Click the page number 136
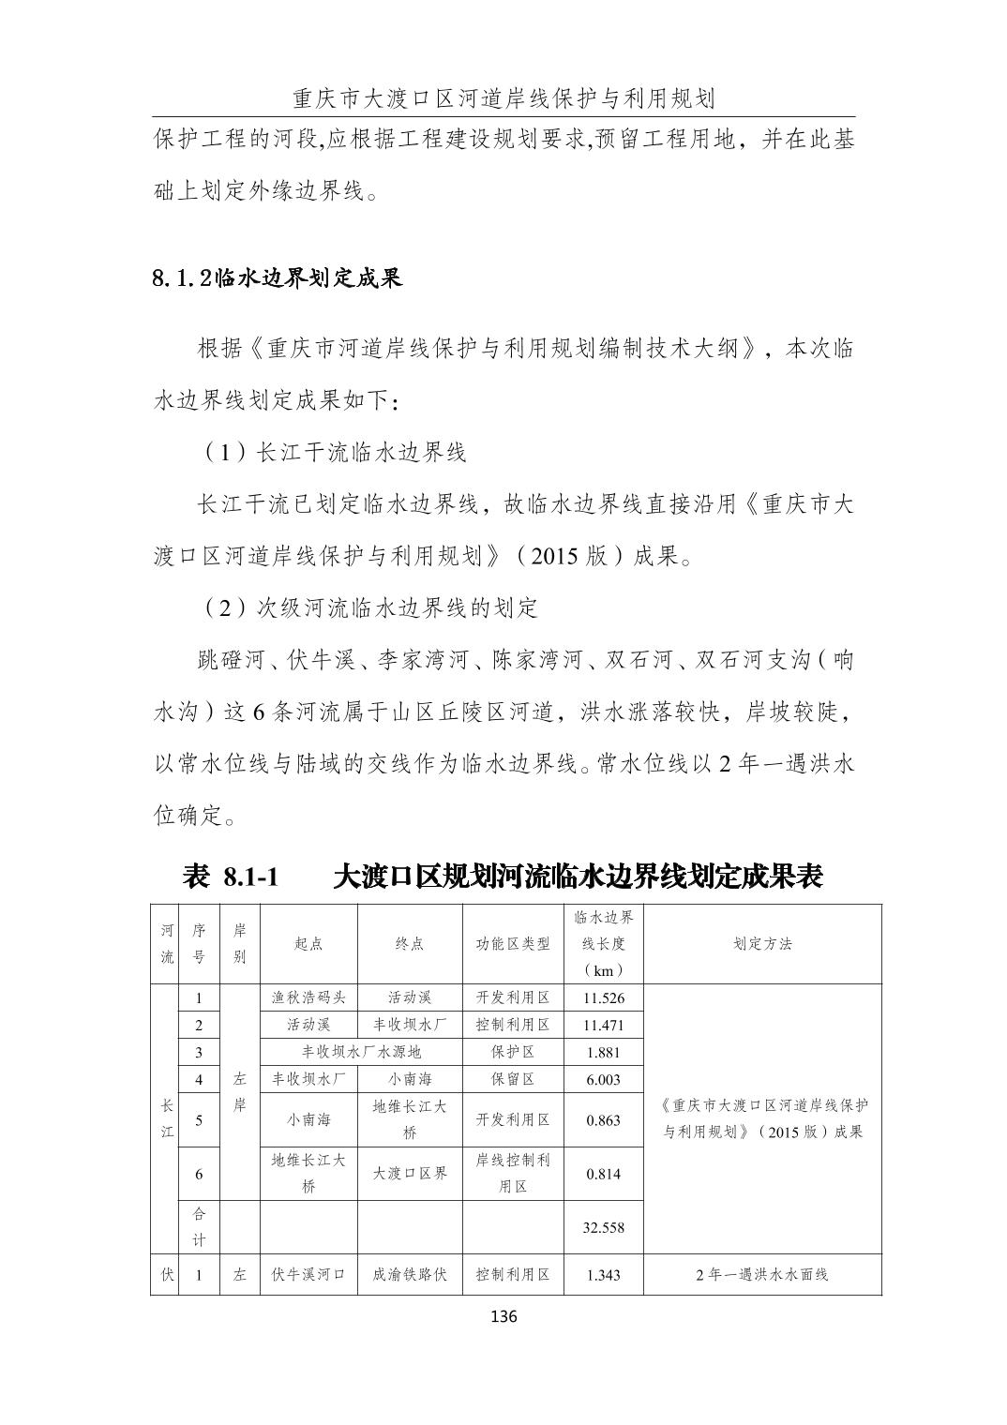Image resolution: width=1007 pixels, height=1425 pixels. [503, 1316]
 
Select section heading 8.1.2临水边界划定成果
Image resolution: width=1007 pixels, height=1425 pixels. [278, 278]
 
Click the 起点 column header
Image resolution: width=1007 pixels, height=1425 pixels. [308, 944]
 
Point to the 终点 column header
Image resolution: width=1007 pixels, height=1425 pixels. [410, 944]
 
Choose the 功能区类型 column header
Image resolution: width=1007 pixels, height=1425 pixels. [513, 944]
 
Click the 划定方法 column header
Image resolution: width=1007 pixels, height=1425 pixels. [762, 944]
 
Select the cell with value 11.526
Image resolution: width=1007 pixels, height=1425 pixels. [603, 998]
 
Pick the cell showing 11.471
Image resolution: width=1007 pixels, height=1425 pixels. [603, 1026]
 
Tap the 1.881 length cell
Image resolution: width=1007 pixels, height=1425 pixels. [603, 1053]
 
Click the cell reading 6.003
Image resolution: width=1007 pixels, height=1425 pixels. [603, 1080]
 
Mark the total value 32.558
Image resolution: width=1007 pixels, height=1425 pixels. [603, 1228]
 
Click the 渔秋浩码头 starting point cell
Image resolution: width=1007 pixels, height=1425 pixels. [308, 998]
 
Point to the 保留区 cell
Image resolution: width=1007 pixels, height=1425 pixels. [513, 1080]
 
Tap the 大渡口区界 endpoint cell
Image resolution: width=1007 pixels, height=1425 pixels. [410, 1174]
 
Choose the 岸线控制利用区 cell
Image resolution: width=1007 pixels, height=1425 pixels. [513, 1174]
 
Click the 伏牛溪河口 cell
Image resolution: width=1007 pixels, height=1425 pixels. [308, 1275]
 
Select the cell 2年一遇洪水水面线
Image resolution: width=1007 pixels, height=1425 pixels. [762, 1275]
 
